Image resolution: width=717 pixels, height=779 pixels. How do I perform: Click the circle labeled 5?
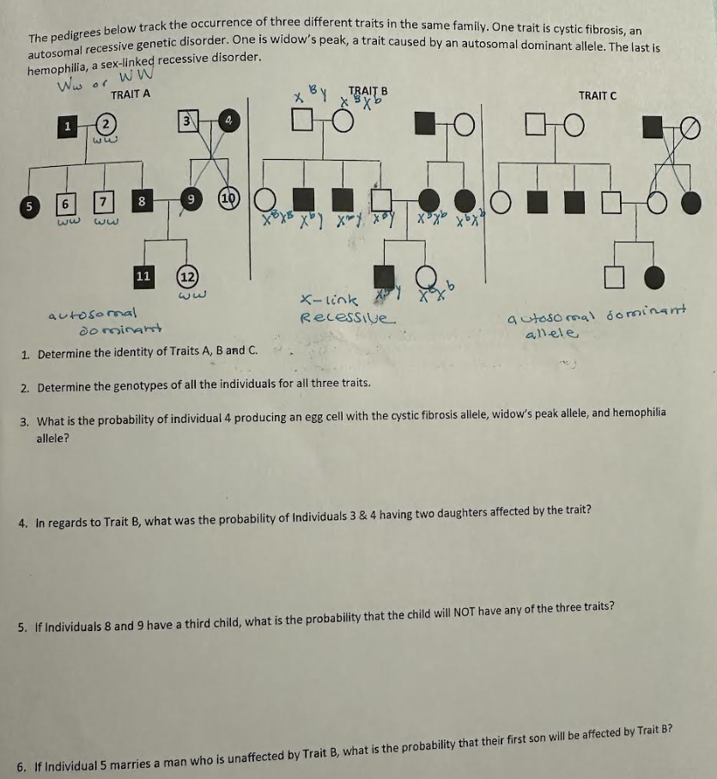coord(31,206)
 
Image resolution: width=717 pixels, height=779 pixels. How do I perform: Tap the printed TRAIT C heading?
coord(597,95)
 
